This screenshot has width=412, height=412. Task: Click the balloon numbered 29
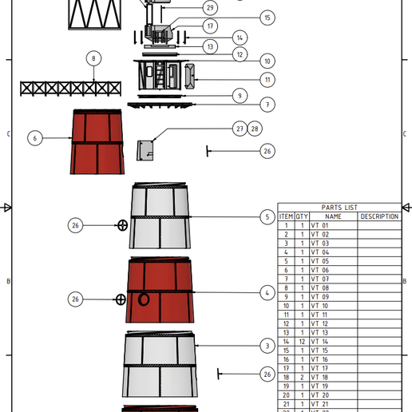click(209, 8)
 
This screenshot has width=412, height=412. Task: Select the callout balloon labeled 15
click(267, 18)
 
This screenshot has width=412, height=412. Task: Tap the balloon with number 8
click(93, 58)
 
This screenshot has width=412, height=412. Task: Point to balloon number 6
click(34, 138)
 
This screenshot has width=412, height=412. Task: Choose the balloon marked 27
click(240, 129)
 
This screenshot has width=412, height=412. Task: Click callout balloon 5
click(267, 217)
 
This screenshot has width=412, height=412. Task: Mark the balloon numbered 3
click(267, 346)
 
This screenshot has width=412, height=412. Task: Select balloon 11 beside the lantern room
click(267, 80)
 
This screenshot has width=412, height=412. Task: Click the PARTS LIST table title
click(339, 208)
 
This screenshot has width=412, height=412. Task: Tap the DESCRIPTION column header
click(378, 216)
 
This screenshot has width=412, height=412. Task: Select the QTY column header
click(302, 216)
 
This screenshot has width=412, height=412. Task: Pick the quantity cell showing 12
click(302, 342)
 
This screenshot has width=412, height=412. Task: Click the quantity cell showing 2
click(302, 377)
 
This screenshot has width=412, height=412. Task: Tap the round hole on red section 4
click(145, 299)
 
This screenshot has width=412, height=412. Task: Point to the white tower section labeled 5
click(160, 217)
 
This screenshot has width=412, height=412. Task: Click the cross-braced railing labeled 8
click(70, 88)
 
